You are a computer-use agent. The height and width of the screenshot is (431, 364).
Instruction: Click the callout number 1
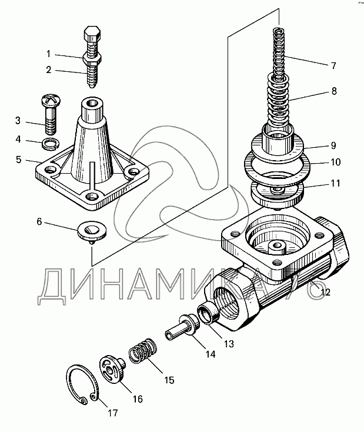49,54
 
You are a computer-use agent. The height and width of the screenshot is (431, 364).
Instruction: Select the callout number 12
325,292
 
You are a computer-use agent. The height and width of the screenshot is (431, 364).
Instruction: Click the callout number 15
169,380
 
